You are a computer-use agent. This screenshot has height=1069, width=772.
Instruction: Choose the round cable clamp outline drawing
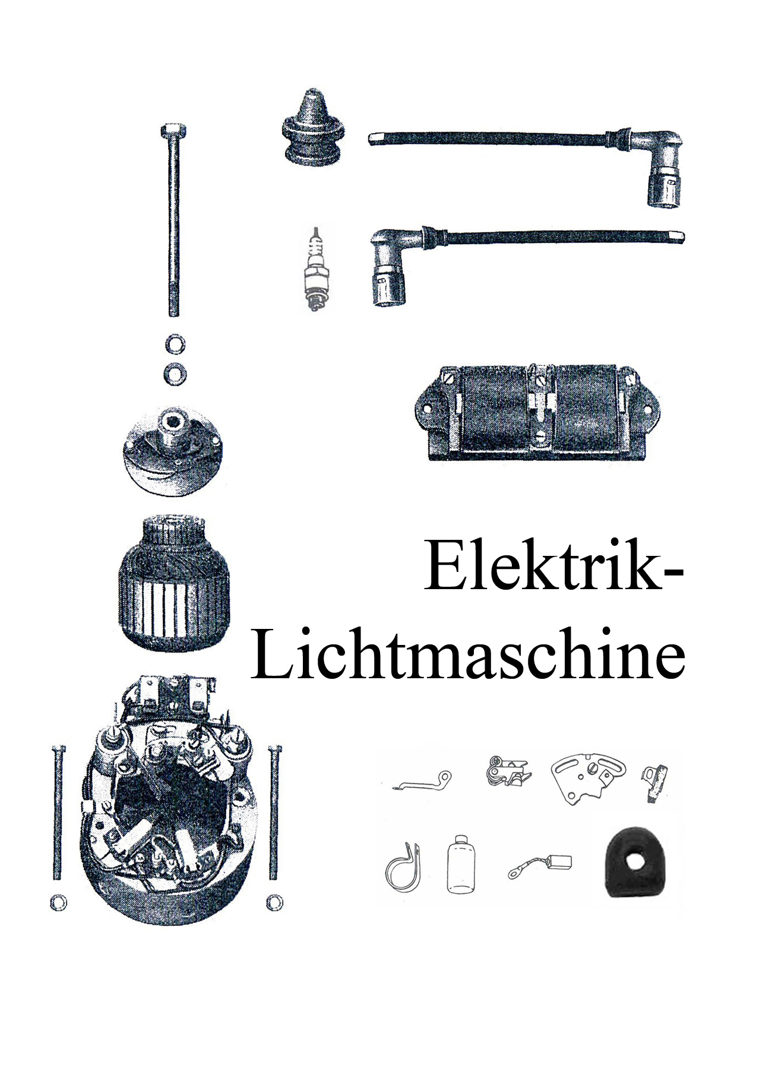(401, 870)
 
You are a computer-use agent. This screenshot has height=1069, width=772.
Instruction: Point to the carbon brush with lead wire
(540, 866)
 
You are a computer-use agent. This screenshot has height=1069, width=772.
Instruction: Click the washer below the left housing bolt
(58, 903)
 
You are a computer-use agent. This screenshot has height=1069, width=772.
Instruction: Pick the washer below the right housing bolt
(274, 902)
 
